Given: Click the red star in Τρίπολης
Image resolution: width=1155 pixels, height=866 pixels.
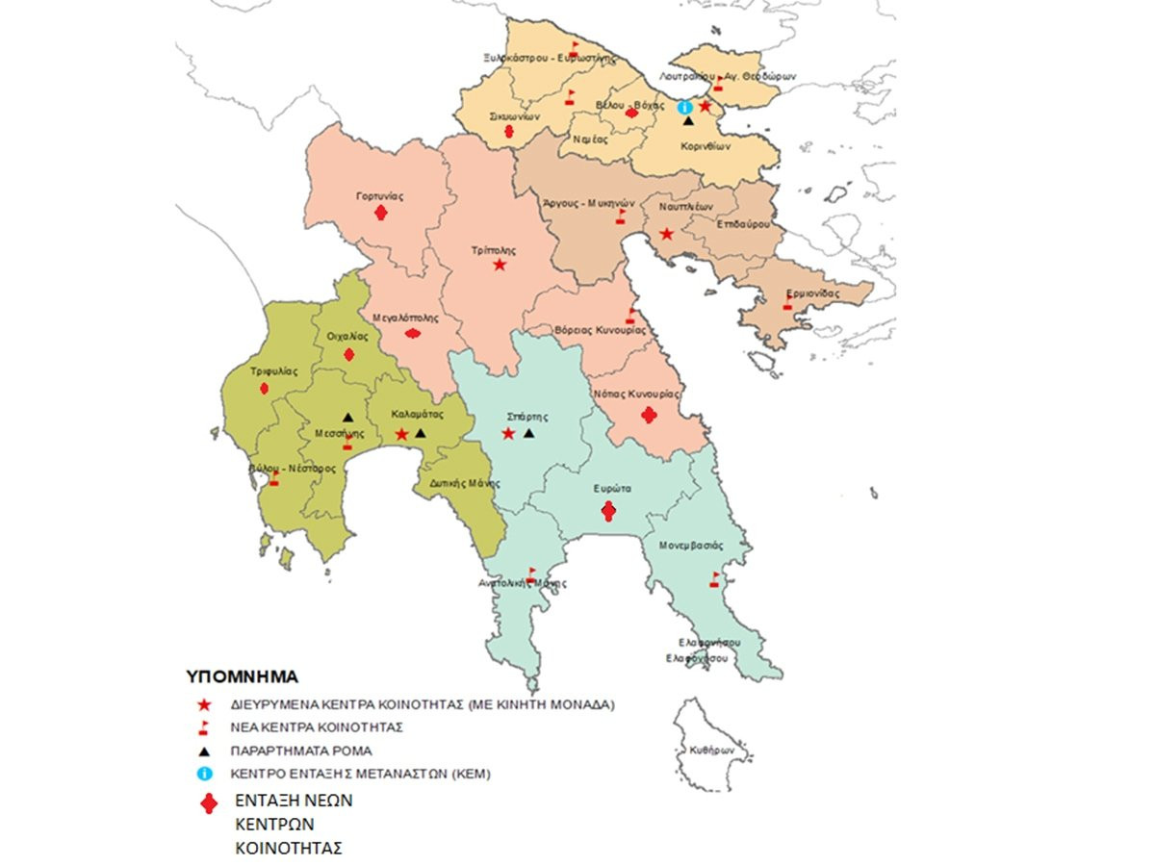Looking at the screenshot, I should pos(500,265).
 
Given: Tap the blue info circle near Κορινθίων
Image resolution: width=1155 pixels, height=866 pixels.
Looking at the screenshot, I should pos(685,107).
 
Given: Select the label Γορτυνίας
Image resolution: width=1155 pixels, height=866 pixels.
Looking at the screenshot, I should pos(379,196).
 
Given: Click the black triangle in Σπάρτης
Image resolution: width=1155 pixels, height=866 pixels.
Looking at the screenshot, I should pos(528,434).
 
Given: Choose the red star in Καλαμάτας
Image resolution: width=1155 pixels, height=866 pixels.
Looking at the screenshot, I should pos(401,435).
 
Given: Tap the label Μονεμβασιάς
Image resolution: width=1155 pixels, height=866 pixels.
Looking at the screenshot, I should pos(690,545).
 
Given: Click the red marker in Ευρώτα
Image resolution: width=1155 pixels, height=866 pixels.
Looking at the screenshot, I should pos(608,512).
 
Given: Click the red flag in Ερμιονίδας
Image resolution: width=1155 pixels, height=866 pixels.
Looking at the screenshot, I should pos(787,304).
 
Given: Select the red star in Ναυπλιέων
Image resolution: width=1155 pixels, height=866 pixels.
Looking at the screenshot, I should pos(666,234).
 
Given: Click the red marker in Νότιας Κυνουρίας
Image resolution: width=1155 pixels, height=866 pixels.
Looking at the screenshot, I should pos(650,416).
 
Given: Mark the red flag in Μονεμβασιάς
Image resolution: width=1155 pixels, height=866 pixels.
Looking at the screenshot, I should pos(714,579).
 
